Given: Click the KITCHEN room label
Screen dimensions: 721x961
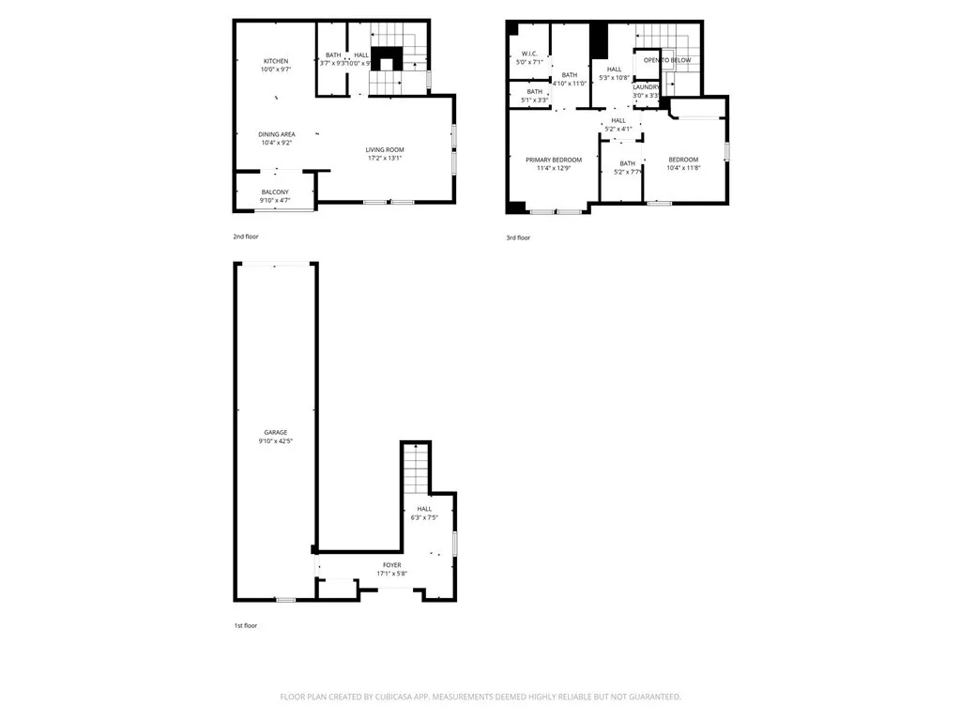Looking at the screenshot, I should click(x=275, y=61).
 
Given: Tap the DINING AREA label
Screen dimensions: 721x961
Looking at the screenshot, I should click(x=276, y=134).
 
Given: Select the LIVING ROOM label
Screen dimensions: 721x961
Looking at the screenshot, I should click(x=385, y=149).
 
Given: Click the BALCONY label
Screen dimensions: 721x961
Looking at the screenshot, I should click(x=275, y=192).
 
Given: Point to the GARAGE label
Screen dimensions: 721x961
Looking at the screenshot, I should click(x=275, y=433).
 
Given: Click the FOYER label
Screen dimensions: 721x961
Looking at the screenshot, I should click(x=391, y=565).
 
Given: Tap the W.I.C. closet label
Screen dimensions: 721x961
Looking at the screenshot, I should click(x=529, y=54).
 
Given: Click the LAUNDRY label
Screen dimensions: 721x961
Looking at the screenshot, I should click(x=646, y=86).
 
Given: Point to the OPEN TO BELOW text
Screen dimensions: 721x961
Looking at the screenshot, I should click(x=667, y=60).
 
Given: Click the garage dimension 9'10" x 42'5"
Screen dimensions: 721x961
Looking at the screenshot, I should click(x=275, y=441).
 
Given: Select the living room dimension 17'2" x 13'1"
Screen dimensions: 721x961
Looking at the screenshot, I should click(x=385, y=158).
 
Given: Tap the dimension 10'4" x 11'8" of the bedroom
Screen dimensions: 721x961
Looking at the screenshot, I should click(x=683, y=168).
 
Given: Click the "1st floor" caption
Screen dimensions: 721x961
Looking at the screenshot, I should click(x=245, y=625).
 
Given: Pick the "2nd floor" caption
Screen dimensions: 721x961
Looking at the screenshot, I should click(x=246, y=237).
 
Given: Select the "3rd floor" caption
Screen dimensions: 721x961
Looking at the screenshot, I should click(x=518, y=238).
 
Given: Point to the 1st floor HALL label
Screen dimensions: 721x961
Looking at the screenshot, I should click(x=424, y=508).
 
